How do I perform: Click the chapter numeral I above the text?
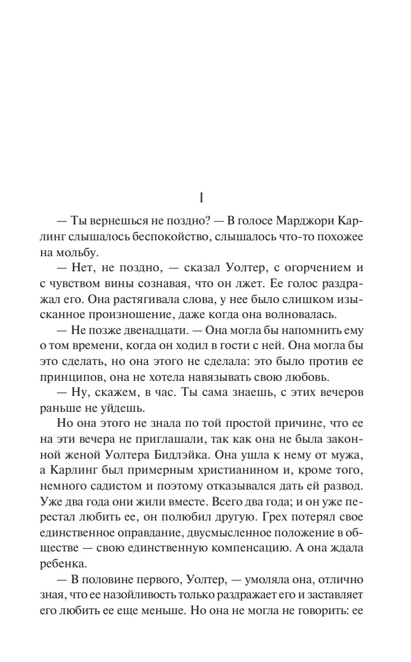202,198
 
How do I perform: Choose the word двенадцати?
153,330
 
